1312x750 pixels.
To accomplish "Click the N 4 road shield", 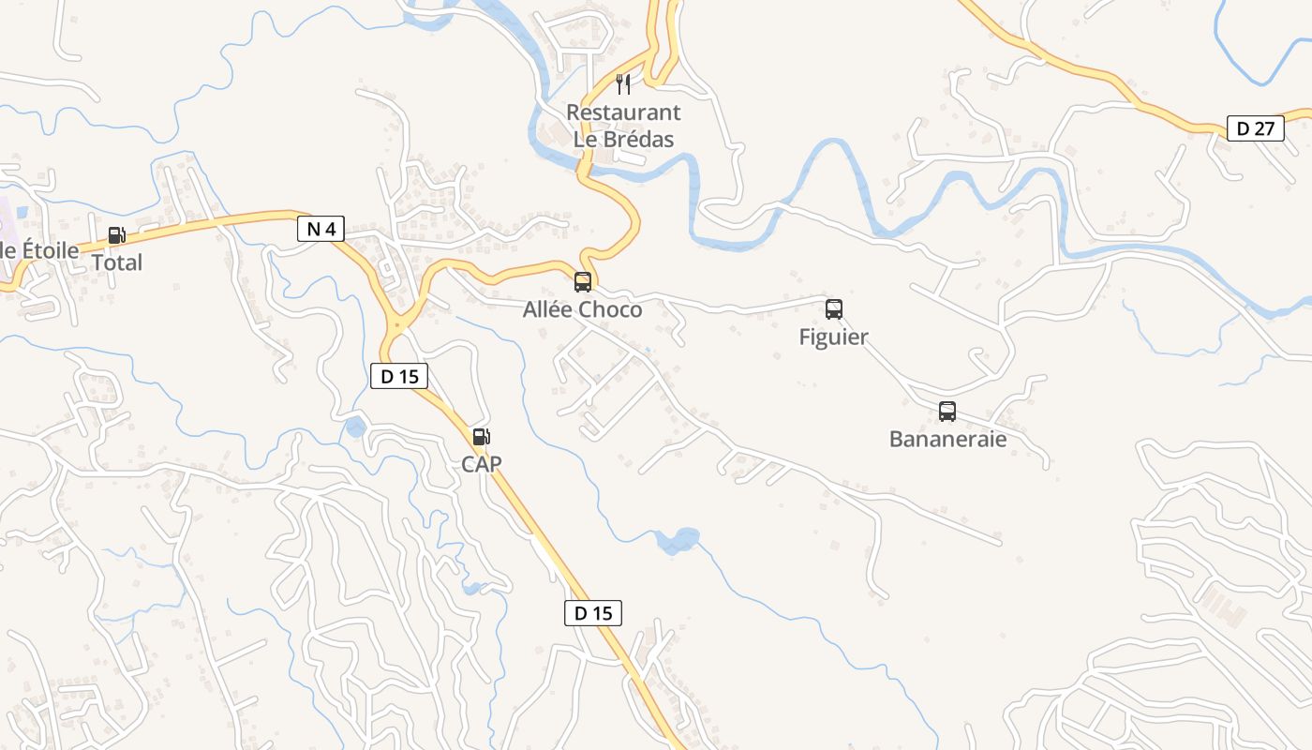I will pos(321,229).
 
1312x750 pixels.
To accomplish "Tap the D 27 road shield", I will pos(1255,128).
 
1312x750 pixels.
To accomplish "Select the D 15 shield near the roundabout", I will pos(400,376).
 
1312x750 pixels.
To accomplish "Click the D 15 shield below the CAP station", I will pos(592,613).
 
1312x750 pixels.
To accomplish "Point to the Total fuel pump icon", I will pos(116,236).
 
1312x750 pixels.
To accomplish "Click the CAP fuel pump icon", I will pos(481,436).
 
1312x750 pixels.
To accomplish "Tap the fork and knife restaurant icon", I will pos(623,84).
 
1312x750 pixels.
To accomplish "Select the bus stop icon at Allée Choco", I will pos(582,282).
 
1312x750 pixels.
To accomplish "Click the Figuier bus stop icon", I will pos(833,309).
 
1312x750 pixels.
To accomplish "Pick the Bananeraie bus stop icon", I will pos(947,412).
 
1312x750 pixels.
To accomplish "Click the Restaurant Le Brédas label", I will pos(623,126).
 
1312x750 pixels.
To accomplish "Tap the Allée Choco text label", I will pos(582,309).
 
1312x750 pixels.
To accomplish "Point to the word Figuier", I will pos(833,337).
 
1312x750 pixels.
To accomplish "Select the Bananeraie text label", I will pos(947,439).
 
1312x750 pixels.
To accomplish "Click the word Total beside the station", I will pos(117,262).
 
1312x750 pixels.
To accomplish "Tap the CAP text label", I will pos(481,463).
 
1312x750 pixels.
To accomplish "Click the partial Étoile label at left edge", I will pos(39,250).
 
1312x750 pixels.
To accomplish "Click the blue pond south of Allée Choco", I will pos(678,540).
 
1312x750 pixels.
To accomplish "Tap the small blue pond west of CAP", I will pos(356,427).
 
